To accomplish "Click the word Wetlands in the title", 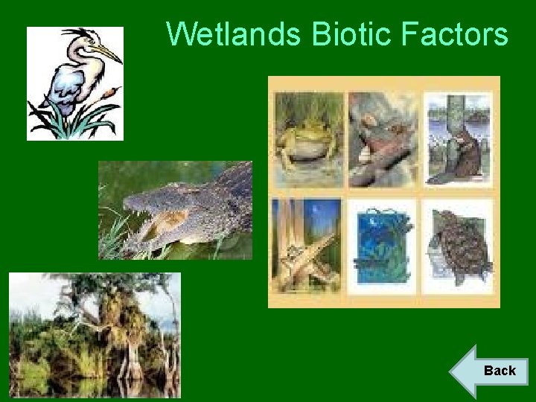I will tap(234, 34).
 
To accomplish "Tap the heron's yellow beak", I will tap(109, 54).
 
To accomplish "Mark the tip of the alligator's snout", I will tap(128, 203).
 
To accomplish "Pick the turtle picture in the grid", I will tap(458, 246).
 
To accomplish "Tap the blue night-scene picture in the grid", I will tap(383, 246).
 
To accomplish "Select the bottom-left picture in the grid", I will tap(307, 246).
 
